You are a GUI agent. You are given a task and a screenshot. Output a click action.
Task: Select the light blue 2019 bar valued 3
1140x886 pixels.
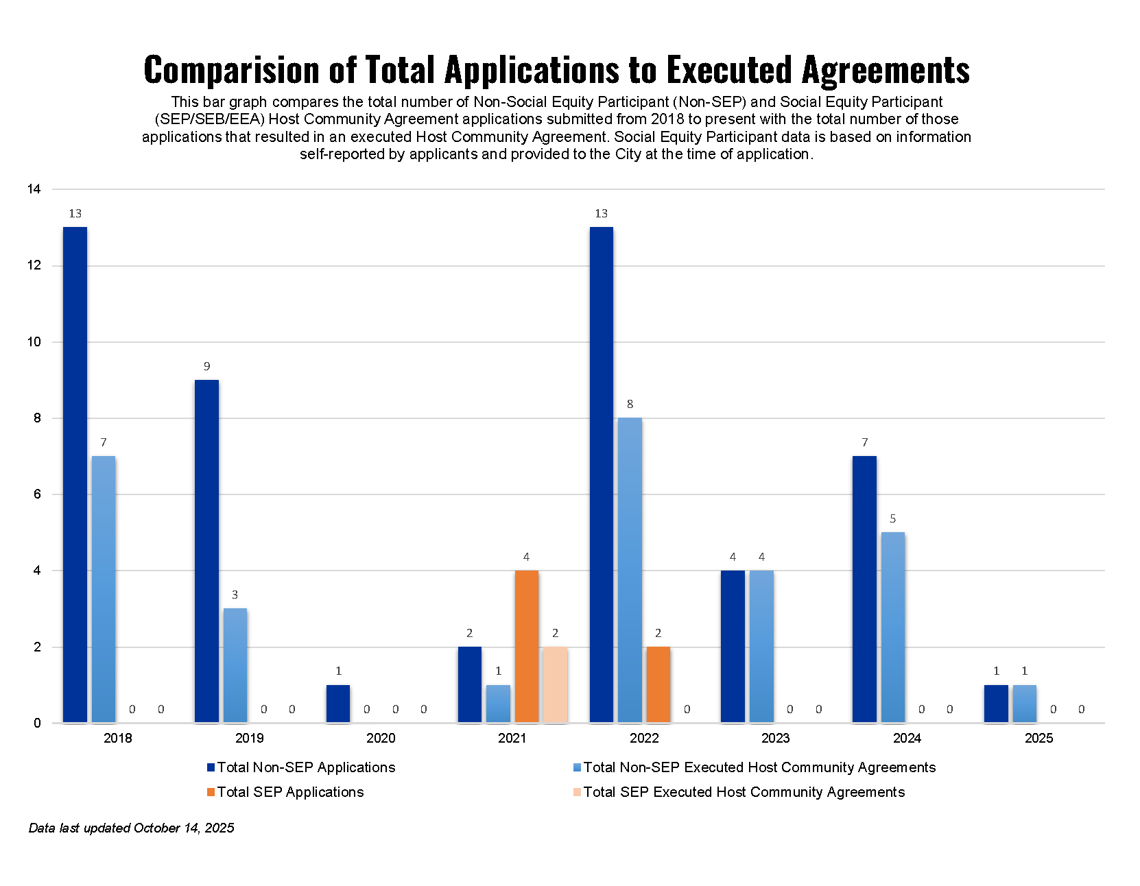tap(235, 665)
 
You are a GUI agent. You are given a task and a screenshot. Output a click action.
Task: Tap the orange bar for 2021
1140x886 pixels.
tap(526, 646)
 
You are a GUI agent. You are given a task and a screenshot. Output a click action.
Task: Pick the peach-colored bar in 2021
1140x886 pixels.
tap(555, 684)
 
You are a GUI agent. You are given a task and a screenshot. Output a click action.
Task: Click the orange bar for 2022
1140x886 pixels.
tap(658, 684)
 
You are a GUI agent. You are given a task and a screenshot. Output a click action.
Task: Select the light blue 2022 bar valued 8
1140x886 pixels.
tap(630, 569)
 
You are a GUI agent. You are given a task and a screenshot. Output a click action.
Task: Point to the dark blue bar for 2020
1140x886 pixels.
tap(338, 704)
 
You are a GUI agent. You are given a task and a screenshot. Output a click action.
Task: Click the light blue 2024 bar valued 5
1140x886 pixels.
tap(892, 627)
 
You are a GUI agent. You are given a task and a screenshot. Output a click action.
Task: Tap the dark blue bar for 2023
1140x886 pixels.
tap(733, 646)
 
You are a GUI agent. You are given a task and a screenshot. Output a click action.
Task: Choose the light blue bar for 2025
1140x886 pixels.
tap(1024, 704)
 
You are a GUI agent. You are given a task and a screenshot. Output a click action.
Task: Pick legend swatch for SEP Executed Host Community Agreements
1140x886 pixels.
tap(577, 792)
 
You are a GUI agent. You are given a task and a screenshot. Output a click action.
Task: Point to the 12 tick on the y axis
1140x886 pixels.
tap(34, 265)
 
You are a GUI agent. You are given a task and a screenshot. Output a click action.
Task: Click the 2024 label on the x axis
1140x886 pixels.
tap(907, 738)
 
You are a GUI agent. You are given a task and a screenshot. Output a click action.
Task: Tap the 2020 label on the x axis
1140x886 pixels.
tap(381, 738)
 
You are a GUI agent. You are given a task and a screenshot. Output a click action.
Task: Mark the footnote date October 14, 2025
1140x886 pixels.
tap(184, 828)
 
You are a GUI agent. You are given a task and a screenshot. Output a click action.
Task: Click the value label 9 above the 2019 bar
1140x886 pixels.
tap(206, 366)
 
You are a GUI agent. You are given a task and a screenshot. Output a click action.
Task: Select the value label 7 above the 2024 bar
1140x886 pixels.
tap(864, 442)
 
